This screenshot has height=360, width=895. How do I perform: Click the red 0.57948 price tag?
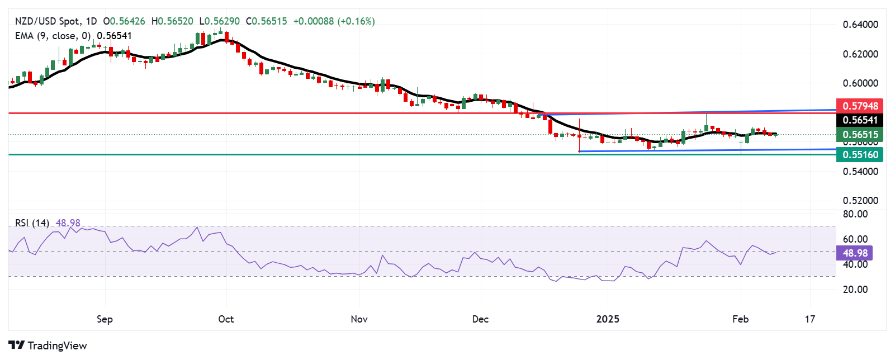pyautogui.click(x=860, y=106)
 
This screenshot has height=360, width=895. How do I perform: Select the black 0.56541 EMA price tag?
pyautogui.click(x=860, y=120)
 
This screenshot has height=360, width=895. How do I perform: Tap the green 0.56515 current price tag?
pyautogui.click(x=860, y=134)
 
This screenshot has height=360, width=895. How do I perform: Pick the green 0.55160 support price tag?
pyautogui.click(x=860, y=155)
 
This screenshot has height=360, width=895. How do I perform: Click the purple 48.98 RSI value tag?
pyautogui.click(x=855, y=253)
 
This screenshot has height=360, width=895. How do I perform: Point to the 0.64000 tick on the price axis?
pyautogui.click(x=860, y=25)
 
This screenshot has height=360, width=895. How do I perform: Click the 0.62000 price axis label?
pyautogui.click(x=860, y=54)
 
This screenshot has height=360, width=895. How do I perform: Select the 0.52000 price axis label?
pyautogui.click(x=860, y=200)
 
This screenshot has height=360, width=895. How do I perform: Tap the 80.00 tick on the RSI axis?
pyautogui.click(x=855, y=214)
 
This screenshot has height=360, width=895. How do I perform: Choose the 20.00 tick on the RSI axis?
pyautogui.click(x=855, y=290)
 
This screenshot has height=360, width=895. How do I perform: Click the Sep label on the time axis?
pyautogui.click(x=105, y=319)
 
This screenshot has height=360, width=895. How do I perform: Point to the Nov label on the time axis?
pyautogui.click(x=359, y=319)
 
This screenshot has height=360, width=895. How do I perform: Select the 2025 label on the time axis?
pyautogui.click(x=608, y=319)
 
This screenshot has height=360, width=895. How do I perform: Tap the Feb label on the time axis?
pyautogui.click(x=740, y=319)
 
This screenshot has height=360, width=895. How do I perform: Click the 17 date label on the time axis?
pyautogui.click(x=810, y=319)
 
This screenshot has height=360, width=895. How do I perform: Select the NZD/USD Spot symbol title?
pyautogui.click(x=47, y=21)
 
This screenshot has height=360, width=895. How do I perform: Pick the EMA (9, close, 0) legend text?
pyautogui.click(x=53, y=36)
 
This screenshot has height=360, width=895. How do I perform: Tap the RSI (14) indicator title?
pyautogui.click(x=32, y=223)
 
